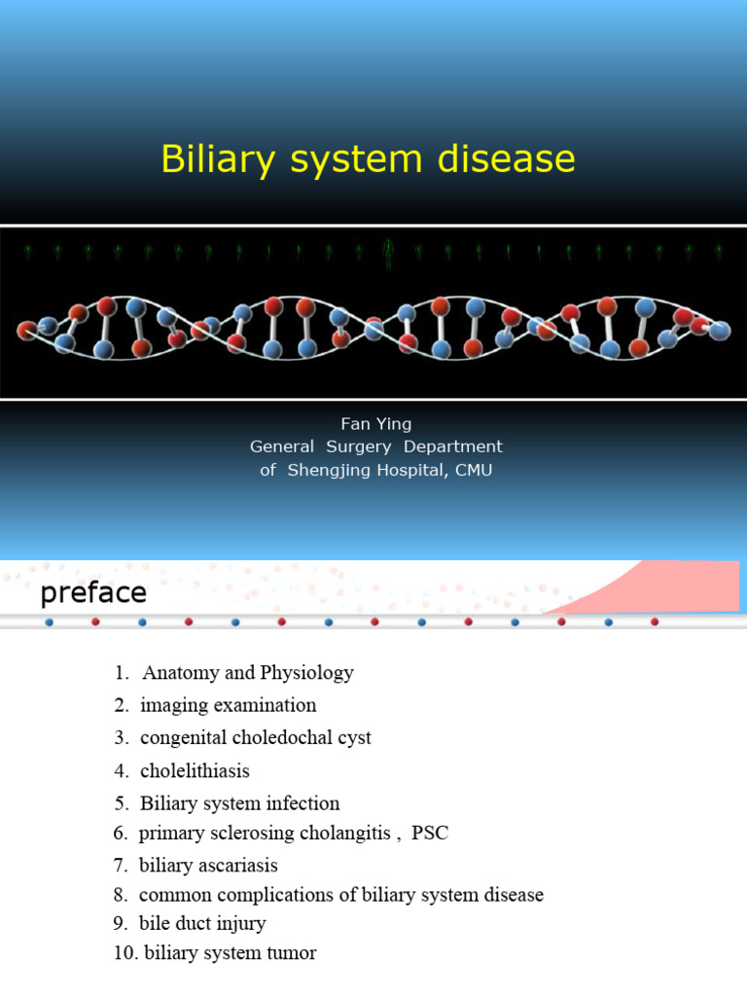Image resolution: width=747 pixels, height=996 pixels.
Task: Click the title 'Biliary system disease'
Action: tap(368, 160)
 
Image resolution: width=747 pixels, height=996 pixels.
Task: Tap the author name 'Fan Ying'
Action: tap(375, 424)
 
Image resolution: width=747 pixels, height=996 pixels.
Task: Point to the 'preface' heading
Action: tap(93, 592)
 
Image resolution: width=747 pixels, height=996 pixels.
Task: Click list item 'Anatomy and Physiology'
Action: tap(247, 673)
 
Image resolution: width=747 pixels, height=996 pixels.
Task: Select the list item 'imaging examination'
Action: tap(228, 705)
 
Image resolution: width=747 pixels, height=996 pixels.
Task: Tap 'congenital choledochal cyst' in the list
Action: tap(255, 738)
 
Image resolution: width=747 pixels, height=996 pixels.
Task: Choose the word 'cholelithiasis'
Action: tap(195, 771)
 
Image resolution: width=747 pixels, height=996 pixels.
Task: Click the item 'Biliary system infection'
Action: tap(239, 803)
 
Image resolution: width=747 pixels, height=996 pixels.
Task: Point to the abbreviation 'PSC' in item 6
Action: tap(430, 834)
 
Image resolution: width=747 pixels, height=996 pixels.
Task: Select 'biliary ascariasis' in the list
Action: tap(208, 866)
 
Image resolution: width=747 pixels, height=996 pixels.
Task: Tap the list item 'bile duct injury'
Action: tap(202, 924)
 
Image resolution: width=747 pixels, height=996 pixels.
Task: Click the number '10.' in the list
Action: tap(125, 954)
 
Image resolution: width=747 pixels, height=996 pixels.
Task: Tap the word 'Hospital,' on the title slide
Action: tap(409, 471)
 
